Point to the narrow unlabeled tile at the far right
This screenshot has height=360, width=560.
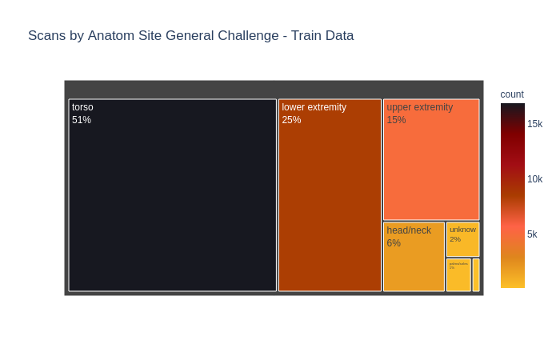click(x=476, y=274)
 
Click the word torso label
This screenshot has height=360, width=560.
click(x=82, y=107)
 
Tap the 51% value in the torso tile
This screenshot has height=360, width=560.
click(x=82, y=120)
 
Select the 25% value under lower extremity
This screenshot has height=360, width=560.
click(x=291, y=120)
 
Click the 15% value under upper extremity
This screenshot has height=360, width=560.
click(x=396, y=120)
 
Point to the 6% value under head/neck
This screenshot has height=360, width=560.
click(x=394, y=243)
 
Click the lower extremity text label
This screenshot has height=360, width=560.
click(x=314, y=107)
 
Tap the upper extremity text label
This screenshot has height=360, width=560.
click(x=419, y=107)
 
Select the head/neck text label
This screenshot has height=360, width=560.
click(x=409, y=230)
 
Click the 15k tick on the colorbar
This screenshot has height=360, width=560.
click(x=534, y=124)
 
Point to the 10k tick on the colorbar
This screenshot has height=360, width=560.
click(x=534, y=179)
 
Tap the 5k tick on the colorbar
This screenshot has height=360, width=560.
click(x=532, y=234)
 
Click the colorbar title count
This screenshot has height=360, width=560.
click(x=512, y=94)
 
